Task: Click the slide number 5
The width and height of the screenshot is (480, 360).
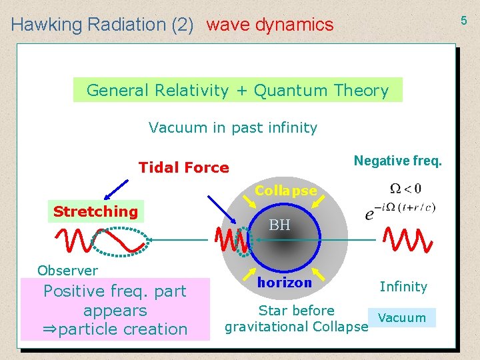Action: [x=464, y=21]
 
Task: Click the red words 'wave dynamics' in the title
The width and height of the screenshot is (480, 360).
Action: [x=269, y=25]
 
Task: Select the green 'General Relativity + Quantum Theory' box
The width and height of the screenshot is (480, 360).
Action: [x=237, y=90]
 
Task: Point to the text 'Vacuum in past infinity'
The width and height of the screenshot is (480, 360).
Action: [x=233, y=127]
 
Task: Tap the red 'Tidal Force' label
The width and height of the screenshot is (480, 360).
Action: [x=183, y=167]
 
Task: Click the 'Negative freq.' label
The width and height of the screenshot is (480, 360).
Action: [x=397, y=161]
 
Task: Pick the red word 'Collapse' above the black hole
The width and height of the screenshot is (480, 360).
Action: [x=286, y=191]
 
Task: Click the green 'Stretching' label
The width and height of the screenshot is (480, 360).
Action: [x=95, y=212]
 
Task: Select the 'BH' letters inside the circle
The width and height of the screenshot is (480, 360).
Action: [x=279, y=225]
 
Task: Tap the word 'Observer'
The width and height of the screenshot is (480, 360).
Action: [x=67, y=270]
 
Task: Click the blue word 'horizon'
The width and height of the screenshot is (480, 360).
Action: [x=285, y=283]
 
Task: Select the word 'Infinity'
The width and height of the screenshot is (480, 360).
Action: [x=403, y=287]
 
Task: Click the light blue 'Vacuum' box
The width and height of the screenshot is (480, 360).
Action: [x=401, y=317]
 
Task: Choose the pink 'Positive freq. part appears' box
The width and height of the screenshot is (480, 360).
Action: [x=115, y=310]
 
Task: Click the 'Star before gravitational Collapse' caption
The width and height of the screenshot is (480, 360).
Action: [x=296, y=319]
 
